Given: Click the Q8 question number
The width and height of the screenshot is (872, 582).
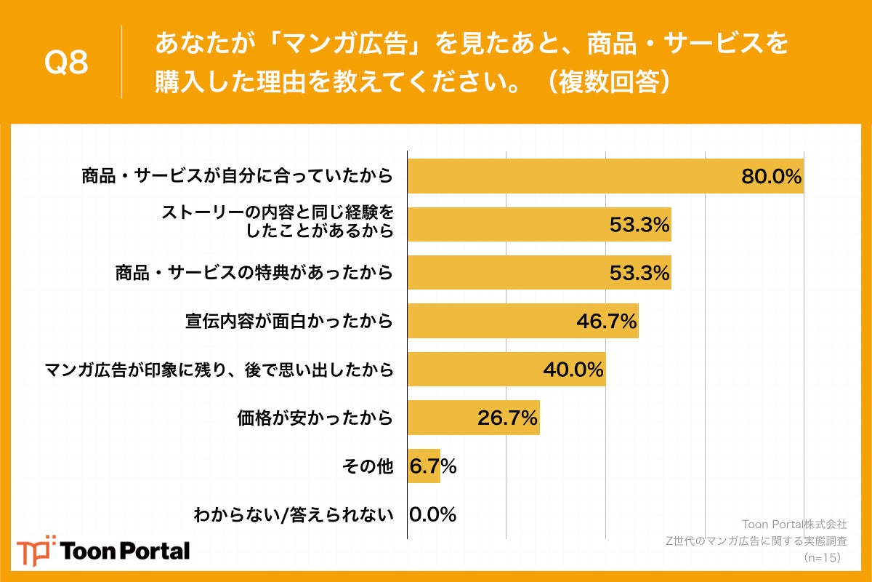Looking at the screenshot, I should [x=66, y=63].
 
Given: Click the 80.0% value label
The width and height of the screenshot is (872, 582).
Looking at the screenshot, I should [x=770, y=176].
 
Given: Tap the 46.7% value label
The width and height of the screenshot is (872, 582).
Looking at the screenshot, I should [x=607, y=321].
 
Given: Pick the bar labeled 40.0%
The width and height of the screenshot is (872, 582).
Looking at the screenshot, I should [x=506, y=370].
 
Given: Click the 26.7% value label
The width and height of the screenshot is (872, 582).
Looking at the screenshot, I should [x=507, y=418].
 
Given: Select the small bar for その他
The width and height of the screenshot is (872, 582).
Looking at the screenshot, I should [x=424, y=466].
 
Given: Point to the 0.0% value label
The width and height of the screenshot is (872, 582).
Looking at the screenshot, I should [x=433, y=515].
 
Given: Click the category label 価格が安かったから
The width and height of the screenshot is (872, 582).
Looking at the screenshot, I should [x=315, y=418].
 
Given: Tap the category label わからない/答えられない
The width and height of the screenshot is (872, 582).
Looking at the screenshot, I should [x=293, y=515].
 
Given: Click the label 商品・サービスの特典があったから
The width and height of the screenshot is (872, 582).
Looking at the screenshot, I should [x=254, y=273].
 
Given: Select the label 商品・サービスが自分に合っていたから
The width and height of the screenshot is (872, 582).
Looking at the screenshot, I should [x=237, y=176].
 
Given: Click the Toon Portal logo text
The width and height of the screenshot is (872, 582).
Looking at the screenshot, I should [x=125, y=551].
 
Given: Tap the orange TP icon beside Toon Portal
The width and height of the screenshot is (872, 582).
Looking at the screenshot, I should [x=36, y=550].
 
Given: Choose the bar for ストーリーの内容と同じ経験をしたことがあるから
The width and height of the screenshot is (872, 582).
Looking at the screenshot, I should [x=538, y=224].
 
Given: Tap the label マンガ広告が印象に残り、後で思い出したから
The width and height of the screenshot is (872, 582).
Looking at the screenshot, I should [x=219, y=370].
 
